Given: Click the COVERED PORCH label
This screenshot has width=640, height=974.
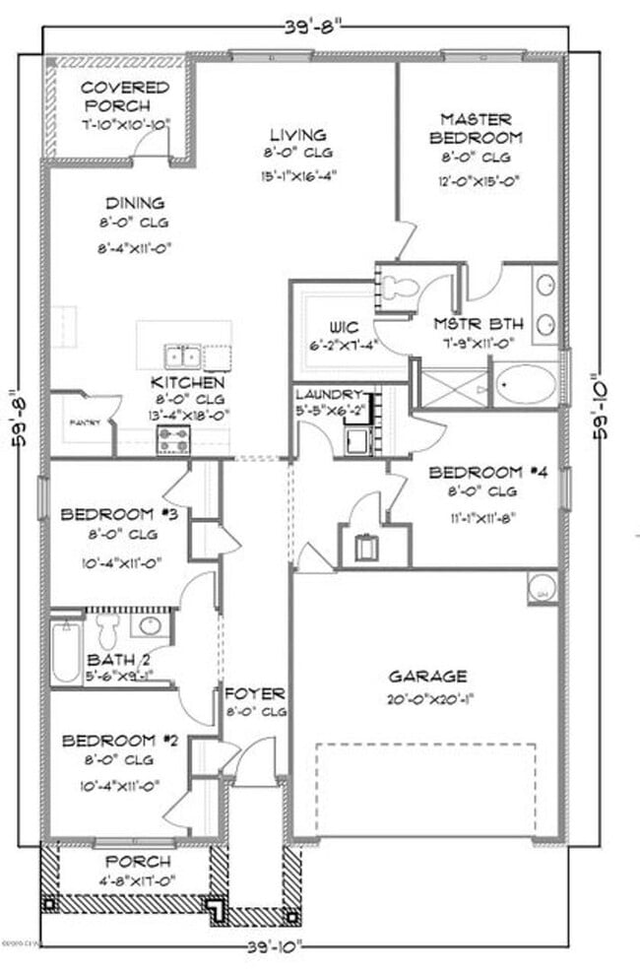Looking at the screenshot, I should pos(124,97).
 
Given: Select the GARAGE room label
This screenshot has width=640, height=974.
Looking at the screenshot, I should pos(427,676).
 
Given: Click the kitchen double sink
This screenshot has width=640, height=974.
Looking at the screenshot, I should pos(182,355).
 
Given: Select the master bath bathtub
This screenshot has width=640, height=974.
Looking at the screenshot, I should pos(525,384).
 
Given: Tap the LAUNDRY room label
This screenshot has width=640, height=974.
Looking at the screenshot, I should pos(335,394).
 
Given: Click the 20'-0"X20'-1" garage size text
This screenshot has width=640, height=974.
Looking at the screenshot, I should pos(427,699).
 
